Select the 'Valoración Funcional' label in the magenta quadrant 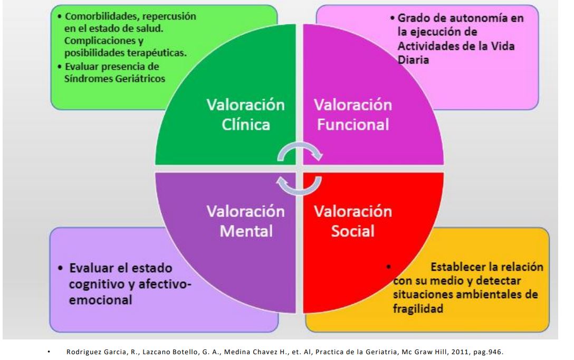[353, 115]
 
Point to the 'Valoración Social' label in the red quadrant [353, 221]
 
